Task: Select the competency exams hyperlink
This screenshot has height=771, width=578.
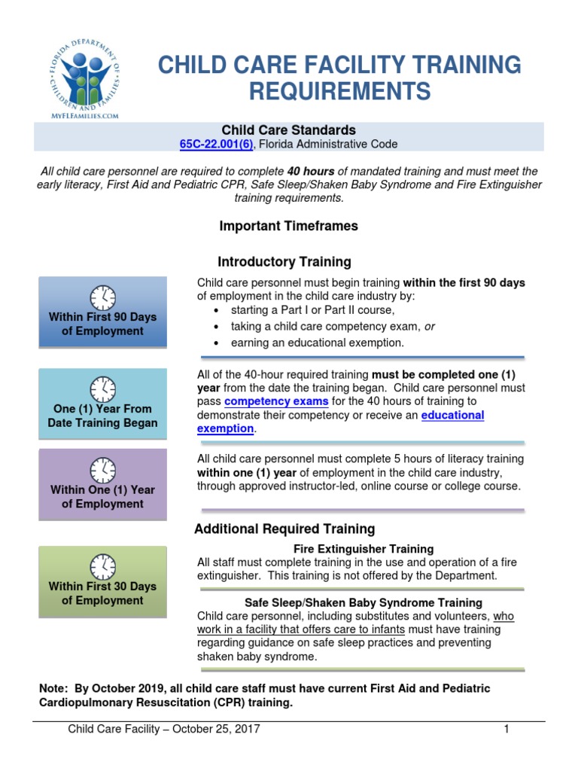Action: point(276,401)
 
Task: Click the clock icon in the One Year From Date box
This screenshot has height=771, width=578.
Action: point(102,389)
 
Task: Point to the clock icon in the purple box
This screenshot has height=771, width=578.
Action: point(102,470)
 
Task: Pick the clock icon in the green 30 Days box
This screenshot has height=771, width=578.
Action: point(102,565)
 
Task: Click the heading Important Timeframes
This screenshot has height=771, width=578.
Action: point(288,226)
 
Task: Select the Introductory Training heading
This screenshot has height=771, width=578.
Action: point(284,262)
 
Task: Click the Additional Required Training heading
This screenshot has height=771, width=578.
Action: point(284,529)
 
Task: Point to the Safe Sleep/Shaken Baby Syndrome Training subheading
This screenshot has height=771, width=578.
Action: point(364,602)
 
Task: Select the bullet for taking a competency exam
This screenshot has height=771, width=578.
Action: point(218,327)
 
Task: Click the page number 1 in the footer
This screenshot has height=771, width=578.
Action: point(507,729)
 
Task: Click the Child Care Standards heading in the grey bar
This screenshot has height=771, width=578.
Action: point(288,130)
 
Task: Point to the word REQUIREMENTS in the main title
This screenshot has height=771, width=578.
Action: point(339,91)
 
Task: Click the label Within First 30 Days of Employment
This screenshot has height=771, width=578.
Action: point(102,593)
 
